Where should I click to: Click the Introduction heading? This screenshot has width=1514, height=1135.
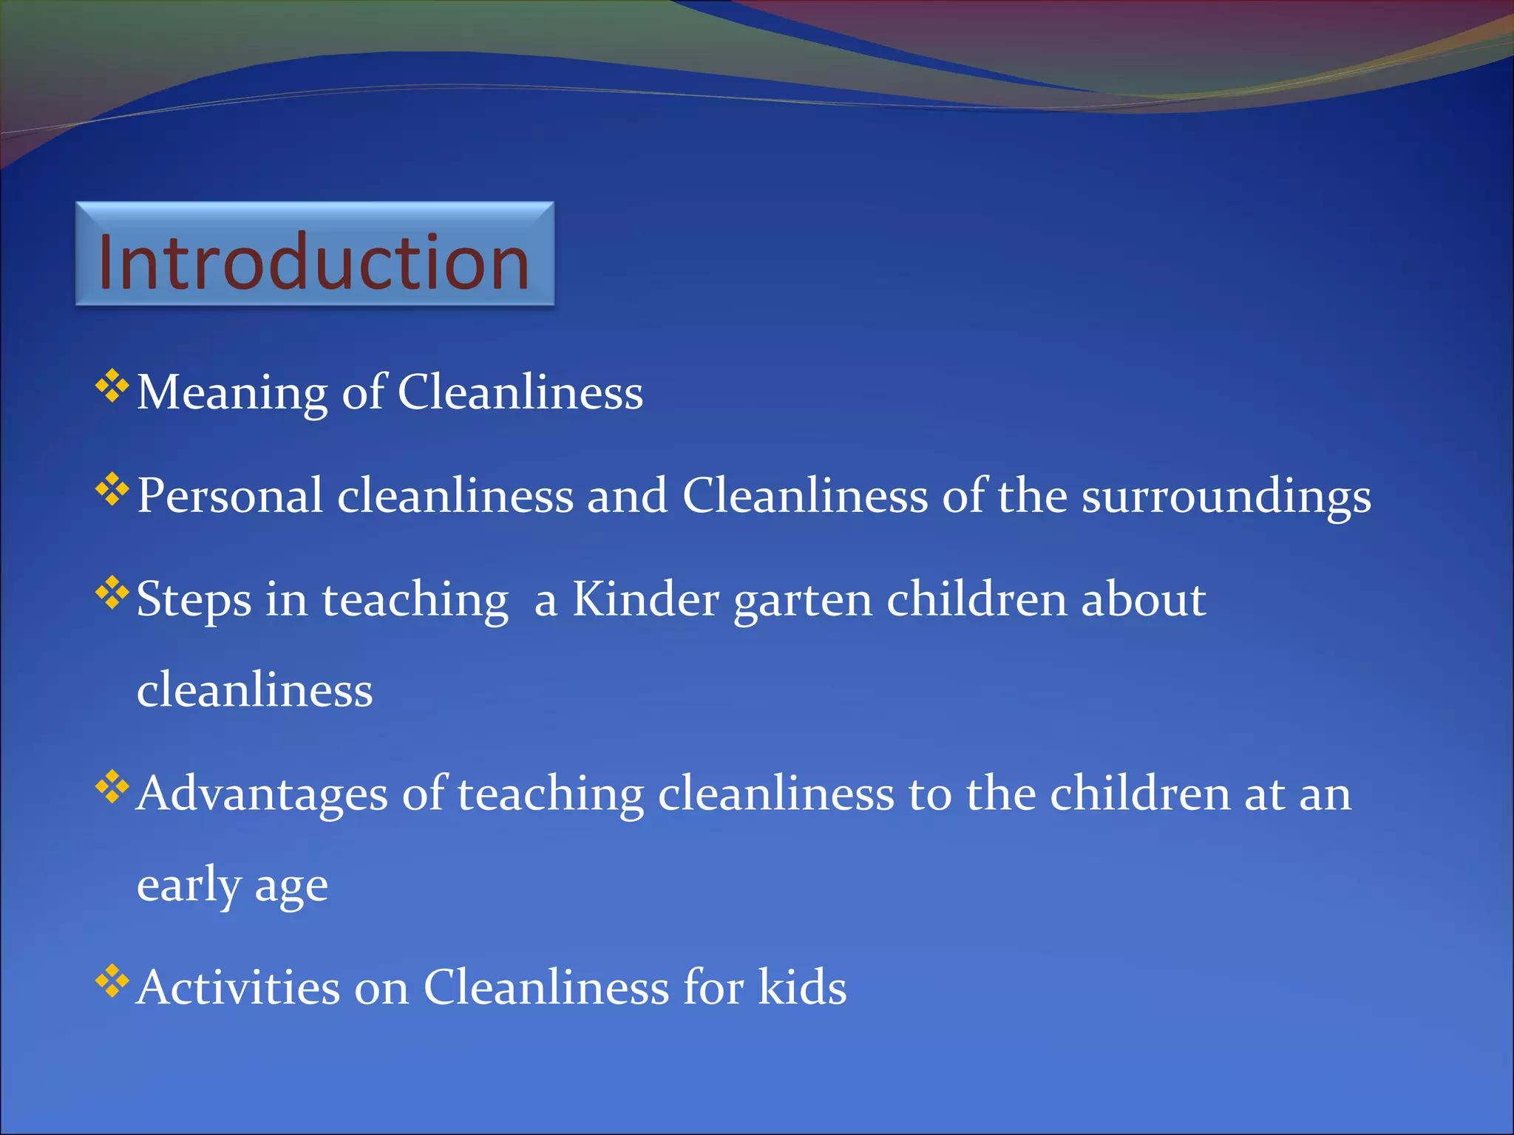coord(313,262)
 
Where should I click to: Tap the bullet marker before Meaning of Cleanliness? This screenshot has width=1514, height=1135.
coord(112,386)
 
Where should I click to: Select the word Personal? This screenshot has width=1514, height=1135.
coord(230,495)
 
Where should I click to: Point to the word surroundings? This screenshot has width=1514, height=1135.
coord(1226,497)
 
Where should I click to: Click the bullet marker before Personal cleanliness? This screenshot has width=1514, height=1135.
coord(112,490)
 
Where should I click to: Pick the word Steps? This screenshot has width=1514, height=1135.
coord(194,600)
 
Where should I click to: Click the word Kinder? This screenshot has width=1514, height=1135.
coord(645,599)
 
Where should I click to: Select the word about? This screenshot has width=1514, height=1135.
coord(1143,599)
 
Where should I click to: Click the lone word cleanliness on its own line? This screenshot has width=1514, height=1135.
coord(255,689)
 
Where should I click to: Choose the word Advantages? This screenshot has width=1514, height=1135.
coord(262,795)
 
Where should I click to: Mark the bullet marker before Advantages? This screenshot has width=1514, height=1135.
coord(112,788)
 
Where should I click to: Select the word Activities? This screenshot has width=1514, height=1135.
coord(239,987)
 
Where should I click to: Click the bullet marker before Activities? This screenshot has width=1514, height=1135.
coord(112,981)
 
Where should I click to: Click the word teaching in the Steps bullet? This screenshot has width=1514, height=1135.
coord(415,600)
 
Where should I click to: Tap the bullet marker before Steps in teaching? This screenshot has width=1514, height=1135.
coord(112,593)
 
